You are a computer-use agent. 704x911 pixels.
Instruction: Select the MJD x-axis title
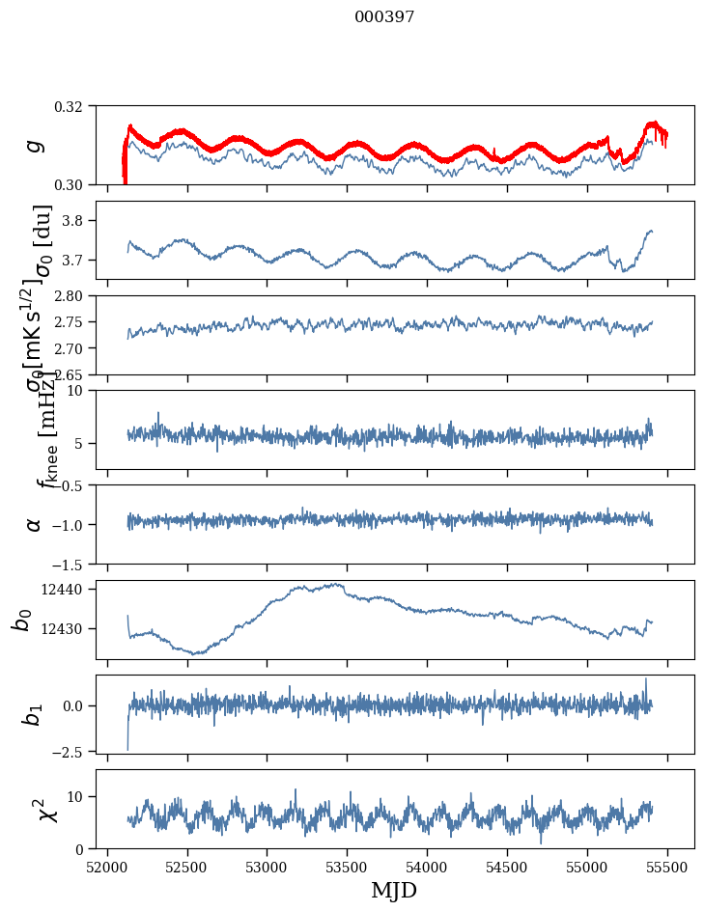coord(394,891)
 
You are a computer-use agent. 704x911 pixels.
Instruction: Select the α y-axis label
coord(35,524)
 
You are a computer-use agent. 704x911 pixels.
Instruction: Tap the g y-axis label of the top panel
coord(35,145)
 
